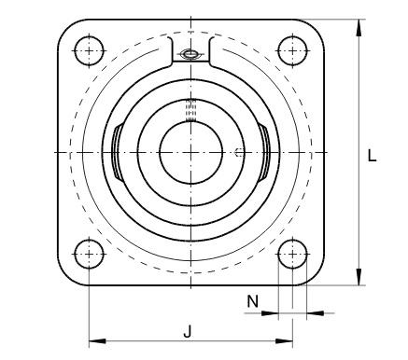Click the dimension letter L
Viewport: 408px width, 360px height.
coord(372,155)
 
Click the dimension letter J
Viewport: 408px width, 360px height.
coord(188,331)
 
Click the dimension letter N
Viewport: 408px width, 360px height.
coord(253,301)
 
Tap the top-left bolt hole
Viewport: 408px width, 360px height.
coord(89,51)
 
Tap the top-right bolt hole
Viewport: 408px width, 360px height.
coord(292,51)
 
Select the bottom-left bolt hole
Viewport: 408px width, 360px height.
coord(89,254)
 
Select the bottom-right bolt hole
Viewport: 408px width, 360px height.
coord(292,254)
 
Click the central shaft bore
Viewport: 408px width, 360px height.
coord(190,152)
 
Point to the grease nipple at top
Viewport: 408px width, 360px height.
coord(190,54)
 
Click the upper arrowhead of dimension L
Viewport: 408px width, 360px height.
coord(359,28)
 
